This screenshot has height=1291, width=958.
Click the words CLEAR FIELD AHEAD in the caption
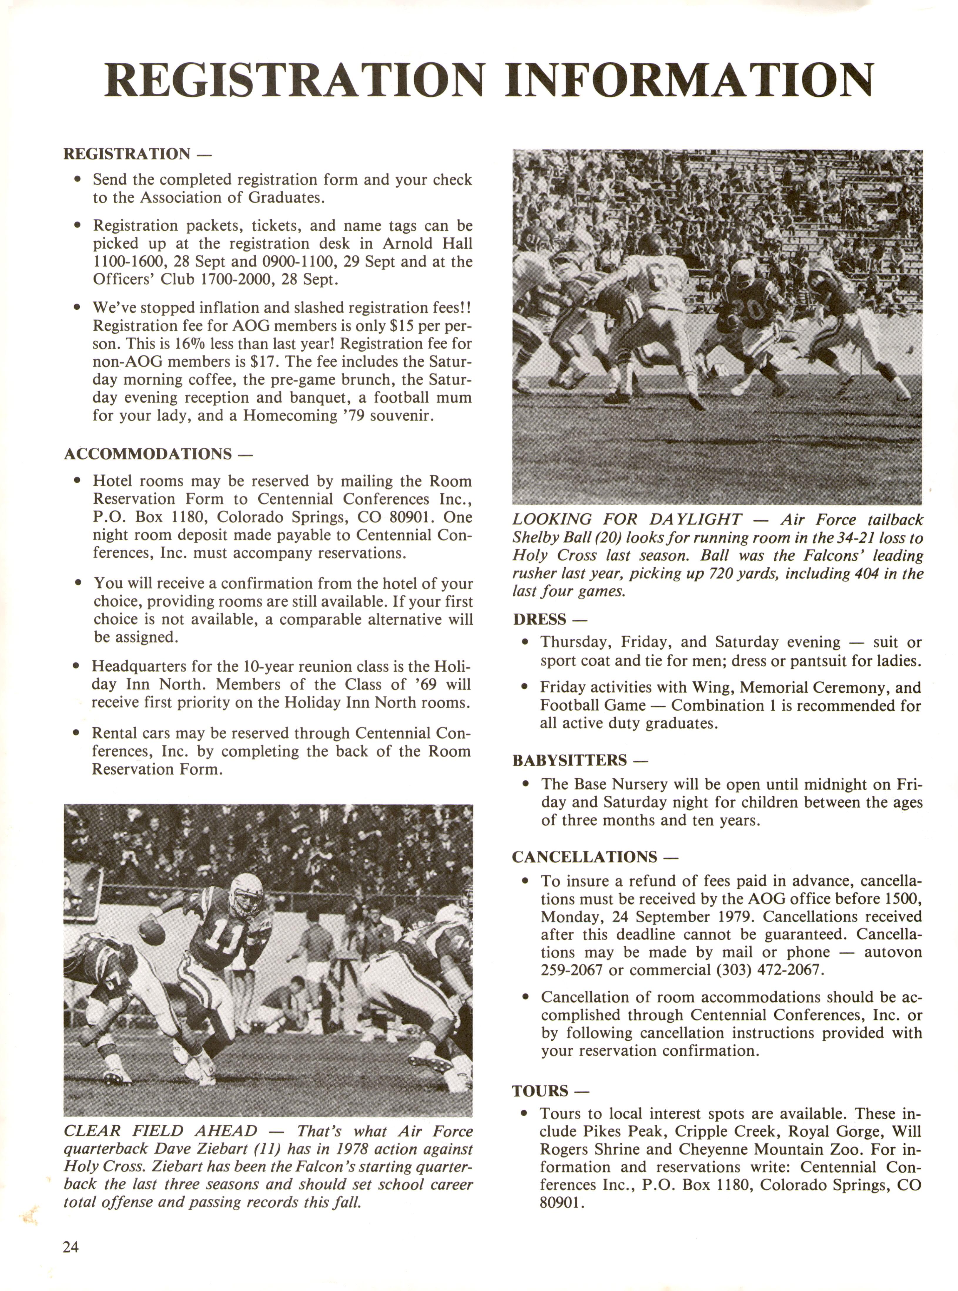[160, 1131]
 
